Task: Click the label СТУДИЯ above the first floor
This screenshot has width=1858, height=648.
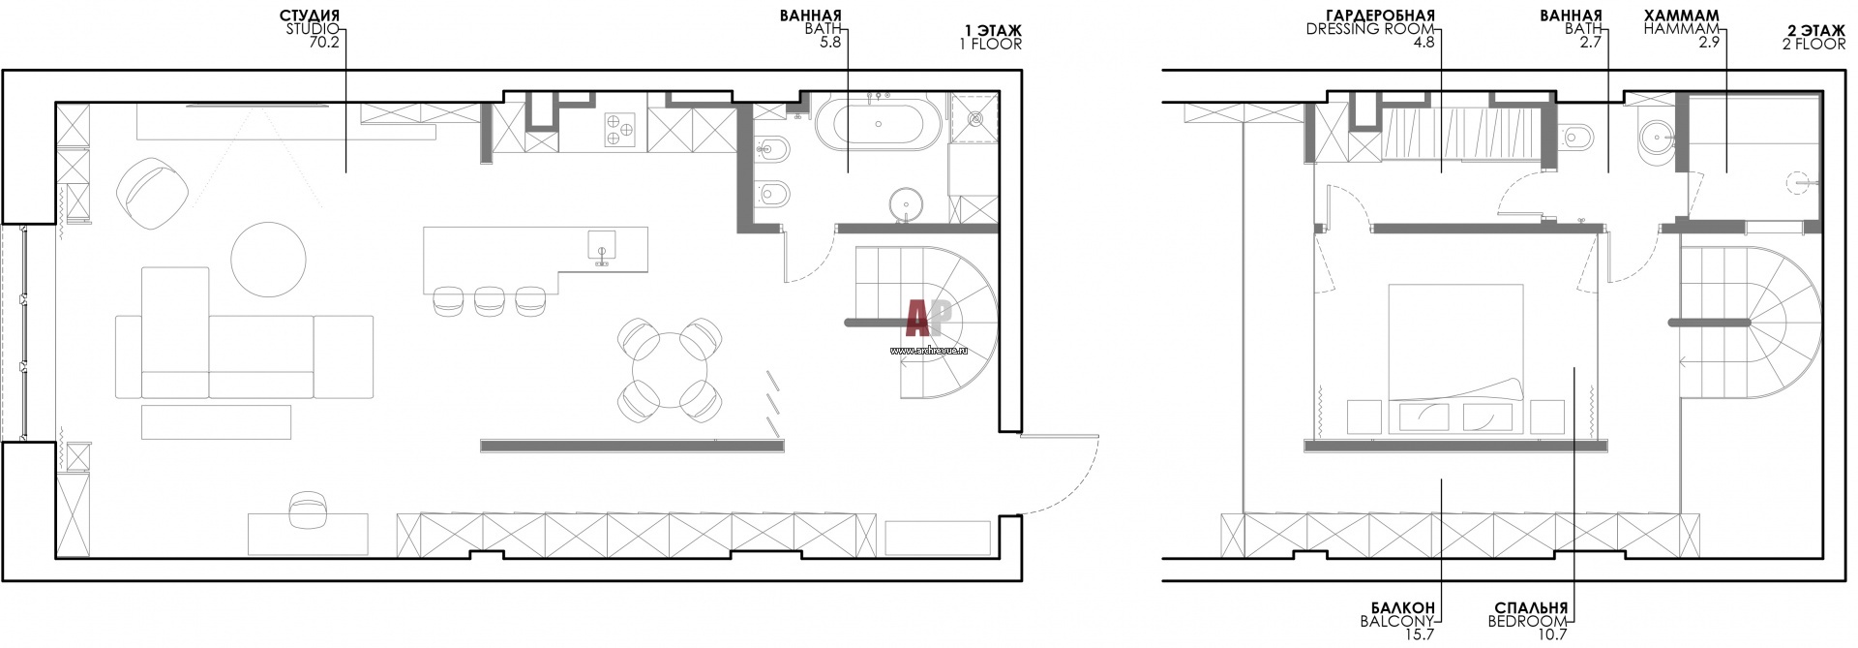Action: coord(310,16)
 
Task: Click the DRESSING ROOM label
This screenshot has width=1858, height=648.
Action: coord(1370,30)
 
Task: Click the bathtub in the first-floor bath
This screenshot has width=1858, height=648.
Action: coord(875,126)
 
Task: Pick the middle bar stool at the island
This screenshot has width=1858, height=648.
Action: coord(490,300)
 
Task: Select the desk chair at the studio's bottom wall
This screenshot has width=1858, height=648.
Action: coord(309,510)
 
